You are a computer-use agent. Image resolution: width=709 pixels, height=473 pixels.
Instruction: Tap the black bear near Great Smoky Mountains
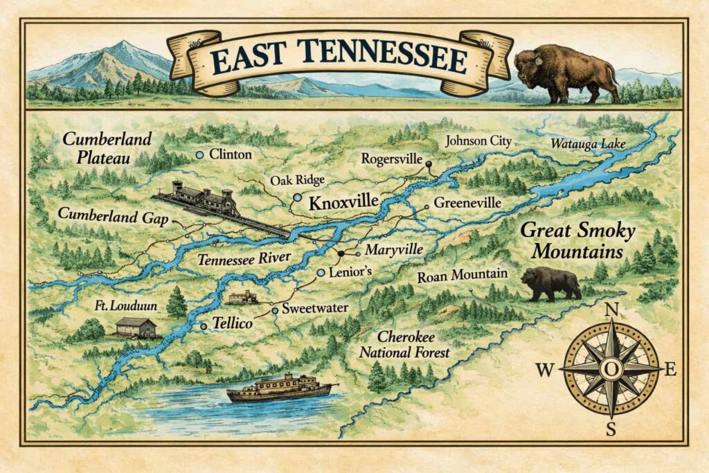tap(550, 284)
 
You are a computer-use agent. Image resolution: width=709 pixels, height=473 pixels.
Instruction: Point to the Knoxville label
tap(343, 204)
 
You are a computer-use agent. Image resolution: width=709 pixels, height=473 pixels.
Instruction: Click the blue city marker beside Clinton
tap(199, 154)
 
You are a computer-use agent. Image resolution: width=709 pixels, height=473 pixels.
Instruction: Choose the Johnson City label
tap(478, 141)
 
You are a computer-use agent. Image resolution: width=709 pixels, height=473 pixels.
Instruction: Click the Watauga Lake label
tap(588, 144)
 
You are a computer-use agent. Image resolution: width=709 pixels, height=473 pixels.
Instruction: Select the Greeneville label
tap(467, 204)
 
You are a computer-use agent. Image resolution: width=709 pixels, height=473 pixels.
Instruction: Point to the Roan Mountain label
tap(462, 275)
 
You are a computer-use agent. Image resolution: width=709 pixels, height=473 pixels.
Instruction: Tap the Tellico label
tap(231, 323)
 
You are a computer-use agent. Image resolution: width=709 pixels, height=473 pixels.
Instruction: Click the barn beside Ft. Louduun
tap(136, 327)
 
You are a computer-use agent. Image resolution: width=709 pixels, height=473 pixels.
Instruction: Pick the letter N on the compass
tap(611, 310)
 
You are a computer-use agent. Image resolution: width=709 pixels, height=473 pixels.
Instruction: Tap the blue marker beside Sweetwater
tap(275, 311)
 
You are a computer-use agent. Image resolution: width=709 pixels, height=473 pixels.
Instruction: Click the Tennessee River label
tap(244, 260)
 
